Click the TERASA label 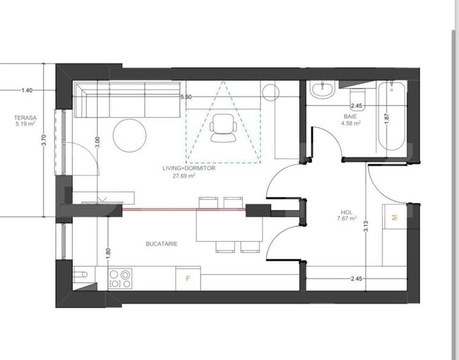26,118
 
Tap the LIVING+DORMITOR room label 189,168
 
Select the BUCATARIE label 162,244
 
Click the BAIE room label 350,116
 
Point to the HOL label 346,212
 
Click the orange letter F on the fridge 188,278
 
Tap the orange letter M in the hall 394,217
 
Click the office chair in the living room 223,128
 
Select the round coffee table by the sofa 129,135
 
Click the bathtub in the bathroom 392,116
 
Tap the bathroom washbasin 322,90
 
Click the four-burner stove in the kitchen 120,278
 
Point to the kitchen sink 80,274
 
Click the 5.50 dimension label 186,97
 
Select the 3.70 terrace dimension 44,140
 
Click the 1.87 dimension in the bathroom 387,118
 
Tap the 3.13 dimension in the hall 366,226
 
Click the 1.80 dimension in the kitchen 108,253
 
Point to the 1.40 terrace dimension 27,90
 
